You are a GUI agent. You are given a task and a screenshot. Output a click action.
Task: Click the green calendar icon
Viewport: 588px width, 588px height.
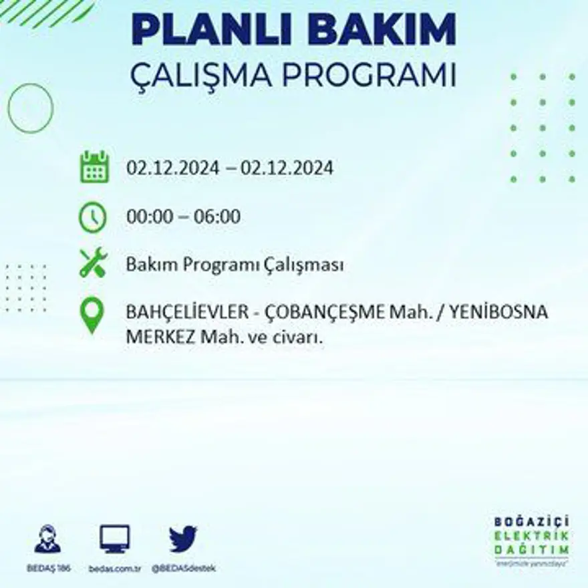click(94, 167)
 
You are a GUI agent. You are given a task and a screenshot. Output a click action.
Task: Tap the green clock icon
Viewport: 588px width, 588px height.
click(93, 217)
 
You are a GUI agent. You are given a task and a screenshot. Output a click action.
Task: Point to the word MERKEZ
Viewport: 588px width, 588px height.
click(159, 338)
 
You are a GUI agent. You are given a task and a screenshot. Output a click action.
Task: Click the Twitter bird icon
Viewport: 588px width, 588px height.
click(183, 539)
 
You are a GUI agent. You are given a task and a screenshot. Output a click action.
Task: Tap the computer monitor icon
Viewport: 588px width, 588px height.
click(114, 539)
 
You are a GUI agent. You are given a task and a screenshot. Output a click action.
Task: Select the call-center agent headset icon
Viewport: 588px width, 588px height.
click(47, 539)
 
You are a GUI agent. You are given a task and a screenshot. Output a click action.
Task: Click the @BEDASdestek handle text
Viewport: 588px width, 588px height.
click(183, 568)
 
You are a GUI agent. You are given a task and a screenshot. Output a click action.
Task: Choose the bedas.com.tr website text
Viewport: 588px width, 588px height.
click(114, 568)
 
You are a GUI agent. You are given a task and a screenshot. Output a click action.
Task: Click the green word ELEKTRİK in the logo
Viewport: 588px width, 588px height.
click(532, 535)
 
